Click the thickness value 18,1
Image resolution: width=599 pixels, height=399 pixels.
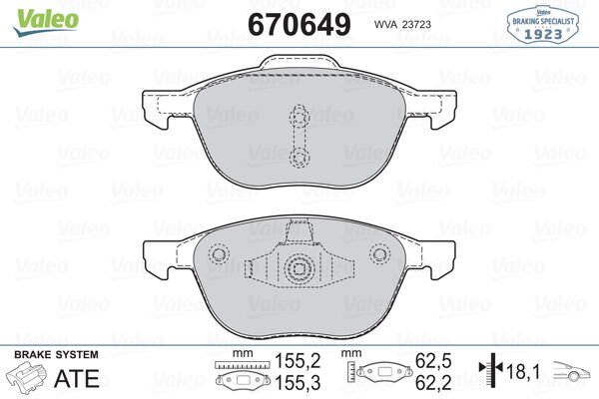522,372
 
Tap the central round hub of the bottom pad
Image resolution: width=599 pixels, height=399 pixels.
298,267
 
